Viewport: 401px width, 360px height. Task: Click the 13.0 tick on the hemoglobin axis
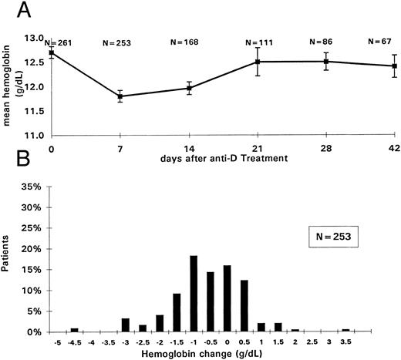(x=35, y=38)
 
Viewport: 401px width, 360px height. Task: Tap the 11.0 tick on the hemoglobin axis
(x=35, y=135)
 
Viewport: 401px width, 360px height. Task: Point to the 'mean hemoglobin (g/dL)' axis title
(x=12, y=86)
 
